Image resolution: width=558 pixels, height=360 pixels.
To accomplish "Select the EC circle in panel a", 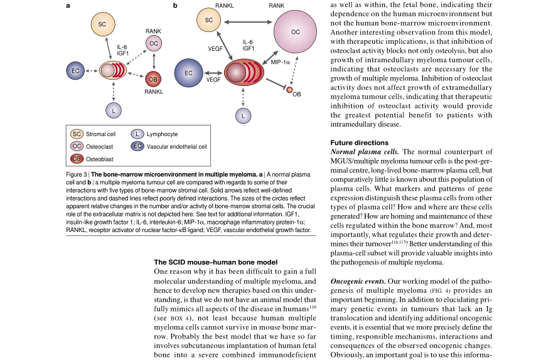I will [75, 71].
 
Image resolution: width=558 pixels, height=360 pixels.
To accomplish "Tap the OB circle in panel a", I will [153, 80].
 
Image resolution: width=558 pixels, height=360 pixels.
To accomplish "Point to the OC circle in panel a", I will [153, 43].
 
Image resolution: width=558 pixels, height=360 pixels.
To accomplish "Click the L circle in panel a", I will [113, 110].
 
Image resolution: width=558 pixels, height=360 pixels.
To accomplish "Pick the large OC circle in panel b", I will [295, 31].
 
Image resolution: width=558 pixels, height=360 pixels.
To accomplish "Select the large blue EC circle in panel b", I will [188, 73].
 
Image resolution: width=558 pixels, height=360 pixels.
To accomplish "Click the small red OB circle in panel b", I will [289, 90].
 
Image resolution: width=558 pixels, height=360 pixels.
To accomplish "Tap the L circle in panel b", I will [244, 115].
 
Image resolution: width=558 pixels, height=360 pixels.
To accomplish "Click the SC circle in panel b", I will [209, 20].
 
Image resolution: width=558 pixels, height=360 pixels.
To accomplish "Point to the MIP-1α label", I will [281, 63].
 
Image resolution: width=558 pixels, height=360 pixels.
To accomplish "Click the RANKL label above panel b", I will [224, 5].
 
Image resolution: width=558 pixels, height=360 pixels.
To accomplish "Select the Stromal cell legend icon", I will [77, 134].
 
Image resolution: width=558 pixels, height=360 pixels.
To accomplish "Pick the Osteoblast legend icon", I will [77, 159].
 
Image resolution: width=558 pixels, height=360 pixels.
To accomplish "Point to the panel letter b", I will [175, 6].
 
